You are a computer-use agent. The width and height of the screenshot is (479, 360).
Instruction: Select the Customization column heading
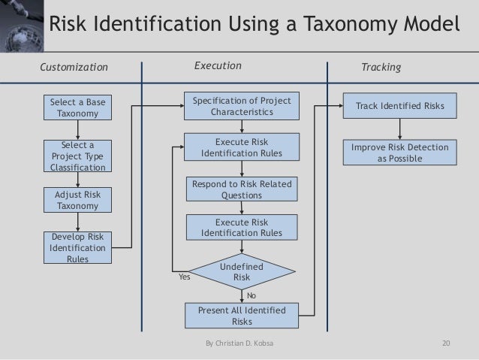tap(74, 68)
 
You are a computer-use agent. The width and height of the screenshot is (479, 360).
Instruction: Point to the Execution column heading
tap(218, 66)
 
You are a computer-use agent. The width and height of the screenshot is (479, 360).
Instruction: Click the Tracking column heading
tap(381, 68)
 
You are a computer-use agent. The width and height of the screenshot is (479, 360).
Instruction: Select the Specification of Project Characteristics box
tap(241, 107)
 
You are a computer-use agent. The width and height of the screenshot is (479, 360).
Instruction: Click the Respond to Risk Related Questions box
tap(242, 189)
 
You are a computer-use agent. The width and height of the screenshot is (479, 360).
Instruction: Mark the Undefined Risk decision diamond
tap(242, 273)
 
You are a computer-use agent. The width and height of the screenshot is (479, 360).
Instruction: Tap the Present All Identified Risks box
tap(242, 316)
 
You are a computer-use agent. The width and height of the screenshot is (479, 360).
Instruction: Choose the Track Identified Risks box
tap(400, 107)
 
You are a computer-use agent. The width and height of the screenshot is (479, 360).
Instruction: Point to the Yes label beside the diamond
tap(183, 277)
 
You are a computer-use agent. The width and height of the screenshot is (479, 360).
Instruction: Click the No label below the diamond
tap(252, 296)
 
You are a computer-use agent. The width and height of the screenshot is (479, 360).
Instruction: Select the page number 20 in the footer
tap(447, 344)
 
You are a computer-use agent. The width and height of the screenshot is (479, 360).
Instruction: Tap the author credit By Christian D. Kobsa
tap(240, 344)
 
